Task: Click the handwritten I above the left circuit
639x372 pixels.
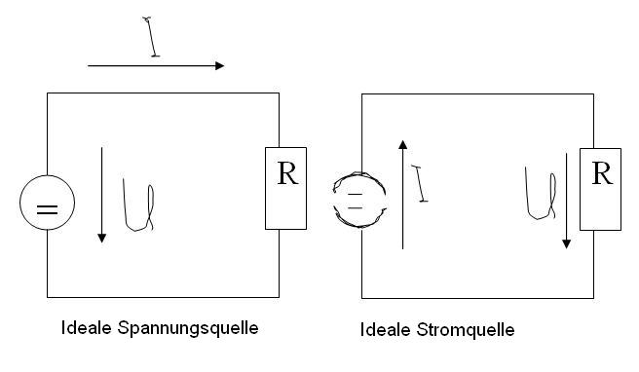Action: [x=151, y=37]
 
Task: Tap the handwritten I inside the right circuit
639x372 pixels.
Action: [x=420, y=183]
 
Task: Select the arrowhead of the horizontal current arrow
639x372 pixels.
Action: [x=220, y=65]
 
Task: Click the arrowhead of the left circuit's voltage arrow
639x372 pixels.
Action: [x=102, y=239]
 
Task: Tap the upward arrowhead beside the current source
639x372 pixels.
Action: [x=402, y=145]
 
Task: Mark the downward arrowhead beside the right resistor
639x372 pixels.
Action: [x=566, y=243]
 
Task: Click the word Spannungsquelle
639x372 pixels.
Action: [x=188, y=328]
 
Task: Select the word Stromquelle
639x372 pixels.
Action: [x=466, y=329]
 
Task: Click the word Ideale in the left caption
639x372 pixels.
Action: [x=86, y=327]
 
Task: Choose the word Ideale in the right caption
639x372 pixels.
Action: [x=385, y=329]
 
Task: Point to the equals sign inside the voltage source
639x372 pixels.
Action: [x=48, y=209]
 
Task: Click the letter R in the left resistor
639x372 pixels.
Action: [x=287, y=173]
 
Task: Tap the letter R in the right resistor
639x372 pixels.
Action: [x=602, y=173]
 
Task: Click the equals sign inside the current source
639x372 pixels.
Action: [x=355, y=202]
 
